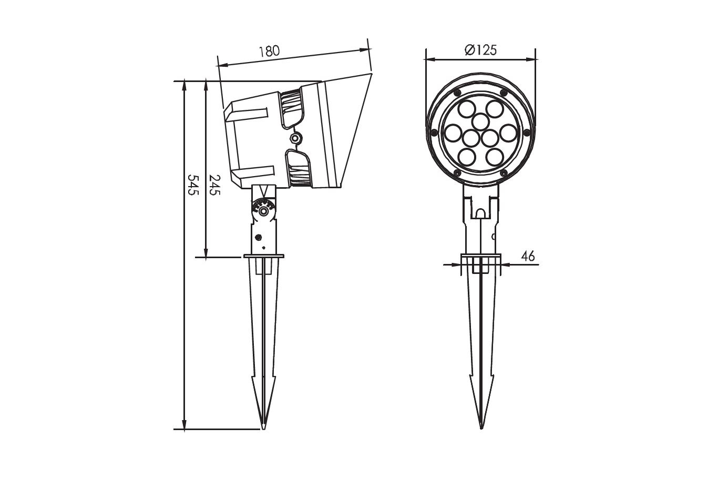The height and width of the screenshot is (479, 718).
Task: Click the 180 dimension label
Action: [x=269, y=51]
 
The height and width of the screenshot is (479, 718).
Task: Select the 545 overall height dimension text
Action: [x=193, y=185]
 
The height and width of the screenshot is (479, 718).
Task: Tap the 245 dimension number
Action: [x=214, y=185]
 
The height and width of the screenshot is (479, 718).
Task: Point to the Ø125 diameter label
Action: [x=480, y=50]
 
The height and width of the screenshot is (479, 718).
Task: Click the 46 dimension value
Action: [x=528, y=256]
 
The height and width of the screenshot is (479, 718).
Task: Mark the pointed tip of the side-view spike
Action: [x=263, y=429]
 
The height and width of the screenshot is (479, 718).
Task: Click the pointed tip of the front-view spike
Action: [x=481, y=428]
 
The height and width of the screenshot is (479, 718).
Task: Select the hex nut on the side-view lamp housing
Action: [x=294, y=138]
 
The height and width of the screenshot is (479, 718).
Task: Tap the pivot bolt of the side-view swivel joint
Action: [x=263, y=211]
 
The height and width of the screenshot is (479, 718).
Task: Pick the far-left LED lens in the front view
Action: [x=453, y=133]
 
